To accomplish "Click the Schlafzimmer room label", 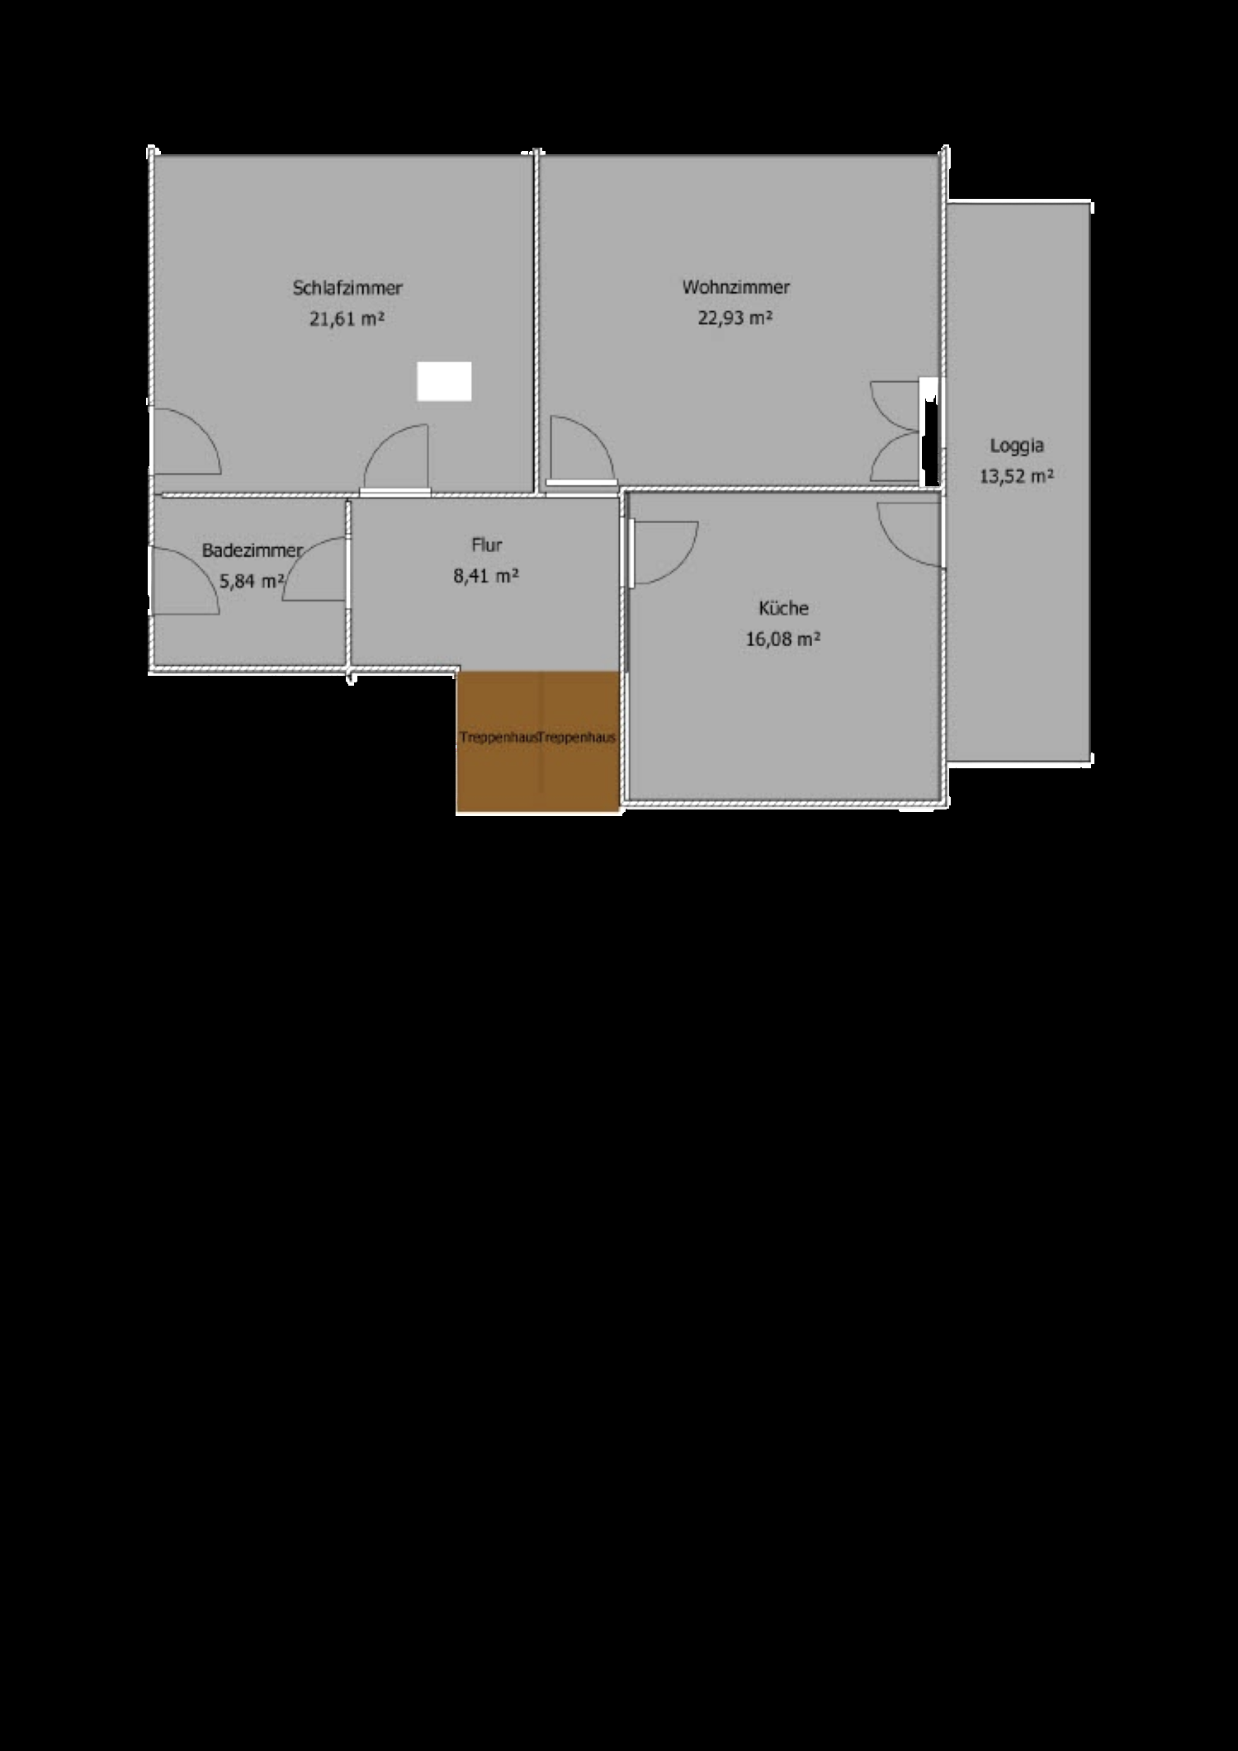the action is (347, 288).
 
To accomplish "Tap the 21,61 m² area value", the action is (347, 319).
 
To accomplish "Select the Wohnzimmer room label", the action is (735, 287).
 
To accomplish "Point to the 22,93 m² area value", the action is (735, 318).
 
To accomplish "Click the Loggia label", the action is (1017, 446).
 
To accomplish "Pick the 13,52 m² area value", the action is (1017, 476).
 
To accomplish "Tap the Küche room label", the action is (783, 608).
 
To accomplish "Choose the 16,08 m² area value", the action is (783, 639).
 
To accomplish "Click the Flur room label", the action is (487, 545).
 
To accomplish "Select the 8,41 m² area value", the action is (486, 576).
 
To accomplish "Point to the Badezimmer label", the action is (253, 550).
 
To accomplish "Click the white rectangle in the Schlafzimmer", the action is (444, 381).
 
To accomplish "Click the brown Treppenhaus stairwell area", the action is (538, 742).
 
